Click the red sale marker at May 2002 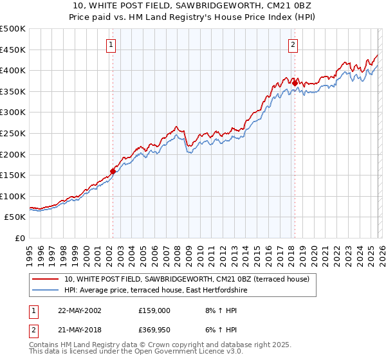(113, 172)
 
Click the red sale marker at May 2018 (295, 82)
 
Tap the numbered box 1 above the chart (111, 45)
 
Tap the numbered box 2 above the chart (293, 45)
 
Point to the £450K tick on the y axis (13, 50)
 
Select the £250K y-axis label (13, 134)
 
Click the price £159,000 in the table (154, 310)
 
